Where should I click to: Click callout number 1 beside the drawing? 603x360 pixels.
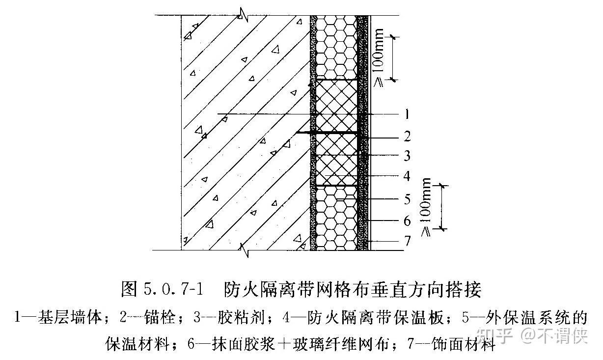click(x=407, y=115)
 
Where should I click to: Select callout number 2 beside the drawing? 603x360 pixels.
click(x=407, y=136)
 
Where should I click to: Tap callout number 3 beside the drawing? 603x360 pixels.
click(x=407, y=156)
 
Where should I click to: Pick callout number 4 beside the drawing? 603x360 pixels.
click(x=407, y=176)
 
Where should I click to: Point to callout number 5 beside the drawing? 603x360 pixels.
click(x=407, y=199)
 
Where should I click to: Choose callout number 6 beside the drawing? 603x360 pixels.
click(x=407, y=221)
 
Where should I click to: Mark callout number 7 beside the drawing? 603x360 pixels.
click(x=407, y=241)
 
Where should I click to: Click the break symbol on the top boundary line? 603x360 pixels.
click(x=242, y=15)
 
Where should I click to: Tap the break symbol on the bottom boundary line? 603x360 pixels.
click(x=245, y=250)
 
